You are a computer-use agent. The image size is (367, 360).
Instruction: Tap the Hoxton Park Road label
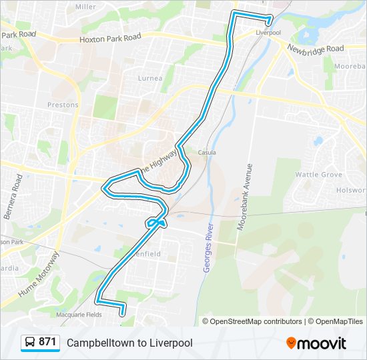110,39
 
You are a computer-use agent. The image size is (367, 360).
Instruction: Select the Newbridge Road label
316,48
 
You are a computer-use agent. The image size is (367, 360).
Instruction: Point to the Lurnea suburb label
149,78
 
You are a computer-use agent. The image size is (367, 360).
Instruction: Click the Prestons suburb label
63,105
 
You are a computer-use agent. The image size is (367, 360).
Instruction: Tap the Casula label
207,152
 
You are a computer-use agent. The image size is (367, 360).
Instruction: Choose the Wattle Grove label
318,174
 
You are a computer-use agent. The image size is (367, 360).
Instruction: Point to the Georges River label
208,245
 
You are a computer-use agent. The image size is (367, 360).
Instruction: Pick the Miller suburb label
85,6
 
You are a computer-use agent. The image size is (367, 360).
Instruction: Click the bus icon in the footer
30,343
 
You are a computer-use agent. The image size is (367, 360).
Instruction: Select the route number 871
47,342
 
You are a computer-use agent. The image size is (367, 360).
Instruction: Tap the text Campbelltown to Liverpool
129,343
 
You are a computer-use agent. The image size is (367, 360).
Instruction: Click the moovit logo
316,343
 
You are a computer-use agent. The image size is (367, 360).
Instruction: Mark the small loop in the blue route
156,222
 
